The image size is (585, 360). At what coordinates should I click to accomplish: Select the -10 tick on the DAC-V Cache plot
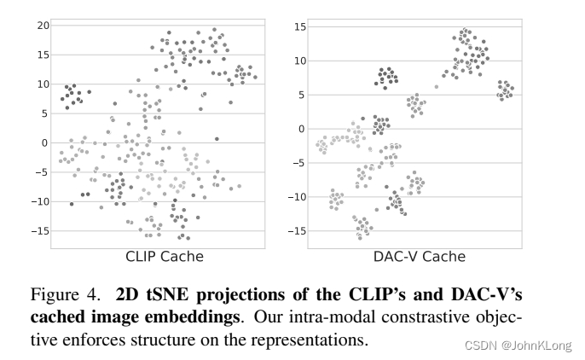[x=295, y=197]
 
